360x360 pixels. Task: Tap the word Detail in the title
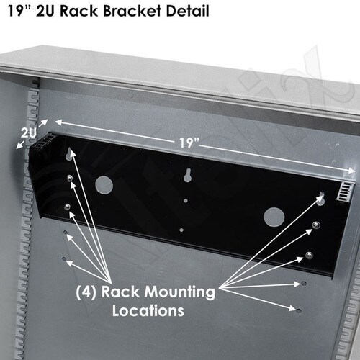[x=186, y=11]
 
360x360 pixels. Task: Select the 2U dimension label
[x=28, y=132]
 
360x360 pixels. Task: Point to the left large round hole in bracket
[x=104, y=185]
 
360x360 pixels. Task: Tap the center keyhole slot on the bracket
[x=188, y=175]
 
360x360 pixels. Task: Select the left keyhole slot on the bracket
[x=69, y=154]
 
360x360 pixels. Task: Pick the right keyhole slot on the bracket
[x=322, y=198]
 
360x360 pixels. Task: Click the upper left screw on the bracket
[x=69, y=178]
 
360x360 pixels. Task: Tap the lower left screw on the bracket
[x=68, y=206]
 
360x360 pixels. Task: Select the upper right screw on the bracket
[x=316, y=225]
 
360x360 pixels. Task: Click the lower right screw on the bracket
[x=310, y=255]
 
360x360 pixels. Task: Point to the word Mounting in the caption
[x=179, y=292]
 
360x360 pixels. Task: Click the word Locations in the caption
[x=148, y=310]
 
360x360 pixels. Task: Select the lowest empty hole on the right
[x=299, y=310]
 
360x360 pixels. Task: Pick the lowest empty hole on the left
[x=64, y=259]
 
